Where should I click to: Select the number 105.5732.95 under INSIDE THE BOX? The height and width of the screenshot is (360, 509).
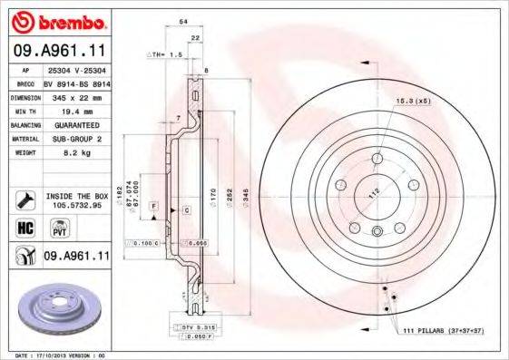(76, 205)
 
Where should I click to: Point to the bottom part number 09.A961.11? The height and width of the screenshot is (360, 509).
(76, 258)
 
